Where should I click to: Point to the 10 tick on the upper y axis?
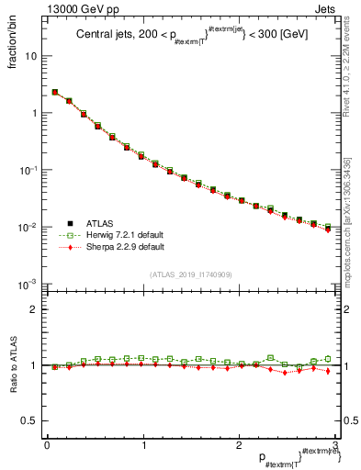click(32, 56)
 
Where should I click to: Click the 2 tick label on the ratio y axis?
click(36, 309)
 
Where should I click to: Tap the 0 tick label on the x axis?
click(47, 445)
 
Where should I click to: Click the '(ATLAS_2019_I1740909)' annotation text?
click(190, 274)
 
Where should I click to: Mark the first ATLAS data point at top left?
click(55, 92)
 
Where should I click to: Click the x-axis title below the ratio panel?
click(294, 457)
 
